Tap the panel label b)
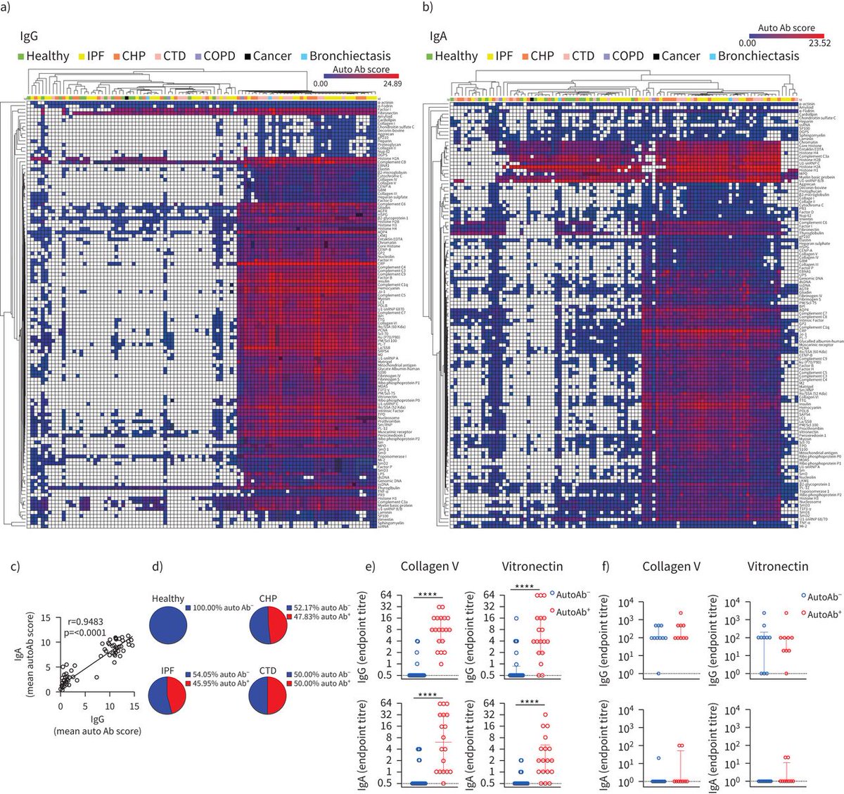pyautogui.click(x=426, y=8)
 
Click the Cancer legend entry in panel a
pyautogui.click(x=267, y=56)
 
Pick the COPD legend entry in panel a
pyautogui.click(x=215, y=56)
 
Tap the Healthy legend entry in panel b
pyautogui.click(x=451, y=56)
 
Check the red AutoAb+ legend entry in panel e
pyautogui.click(x=571, y=612)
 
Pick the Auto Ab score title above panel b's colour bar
pyautogui.click(x=786, y=28)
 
